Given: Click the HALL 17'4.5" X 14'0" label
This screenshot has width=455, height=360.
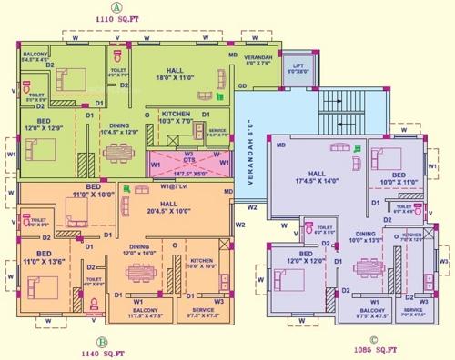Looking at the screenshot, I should [318, 176].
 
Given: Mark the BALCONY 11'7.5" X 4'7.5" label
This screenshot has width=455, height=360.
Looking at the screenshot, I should [128, 313].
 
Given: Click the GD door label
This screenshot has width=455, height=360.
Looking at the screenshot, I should [243, 86].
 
